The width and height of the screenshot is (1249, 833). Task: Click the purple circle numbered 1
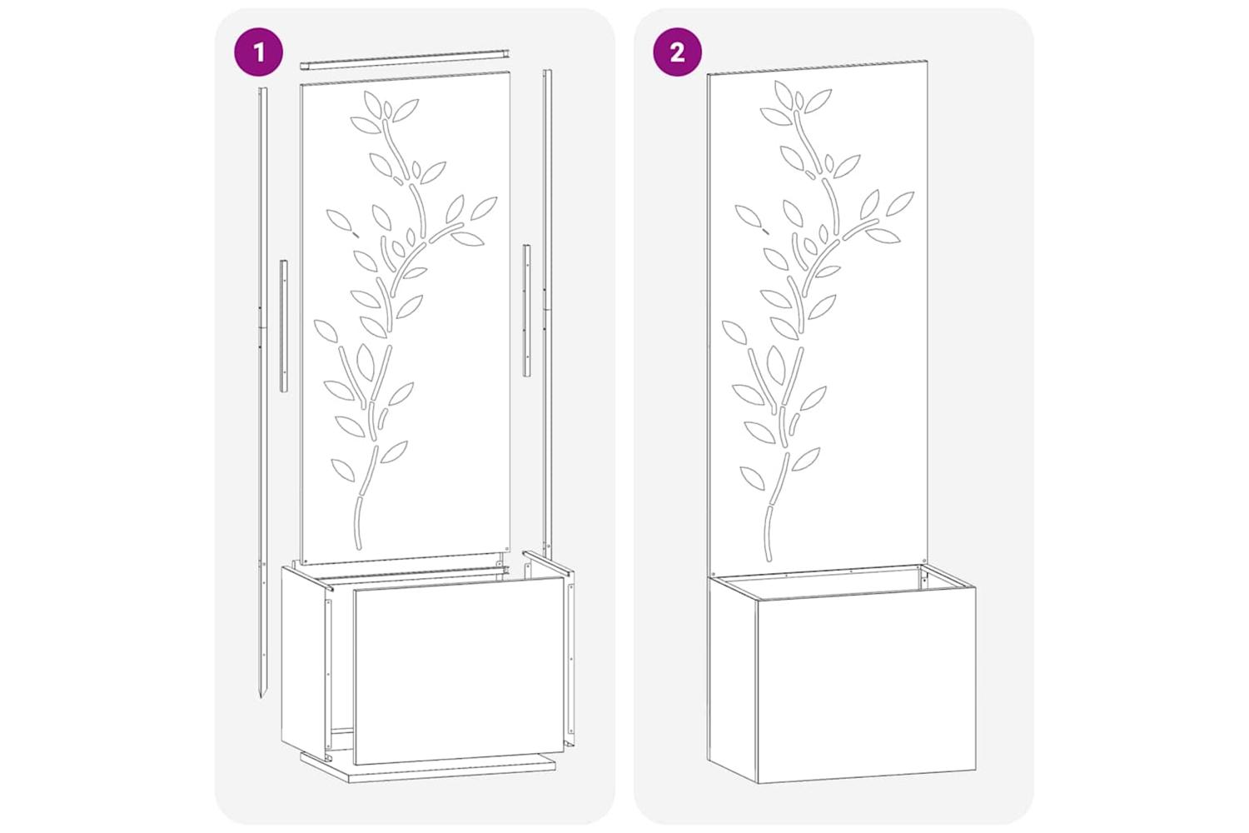coord(258,52)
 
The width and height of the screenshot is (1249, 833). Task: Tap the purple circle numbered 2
coord(678,52)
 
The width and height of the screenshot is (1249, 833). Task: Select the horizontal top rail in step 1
coord(406,59)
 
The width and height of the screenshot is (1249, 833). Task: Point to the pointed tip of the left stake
coord(261,697)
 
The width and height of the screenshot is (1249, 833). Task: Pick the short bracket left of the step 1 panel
coord(284,327)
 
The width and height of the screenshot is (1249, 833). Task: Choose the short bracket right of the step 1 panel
coord(526,310)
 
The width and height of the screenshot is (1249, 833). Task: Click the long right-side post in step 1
coord(548,313)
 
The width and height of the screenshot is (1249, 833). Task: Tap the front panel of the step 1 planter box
coord(459,670)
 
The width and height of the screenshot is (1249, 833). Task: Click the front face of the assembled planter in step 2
coord(866,683)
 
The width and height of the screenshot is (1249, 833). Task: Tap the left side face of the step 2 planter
coord(732,676)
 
